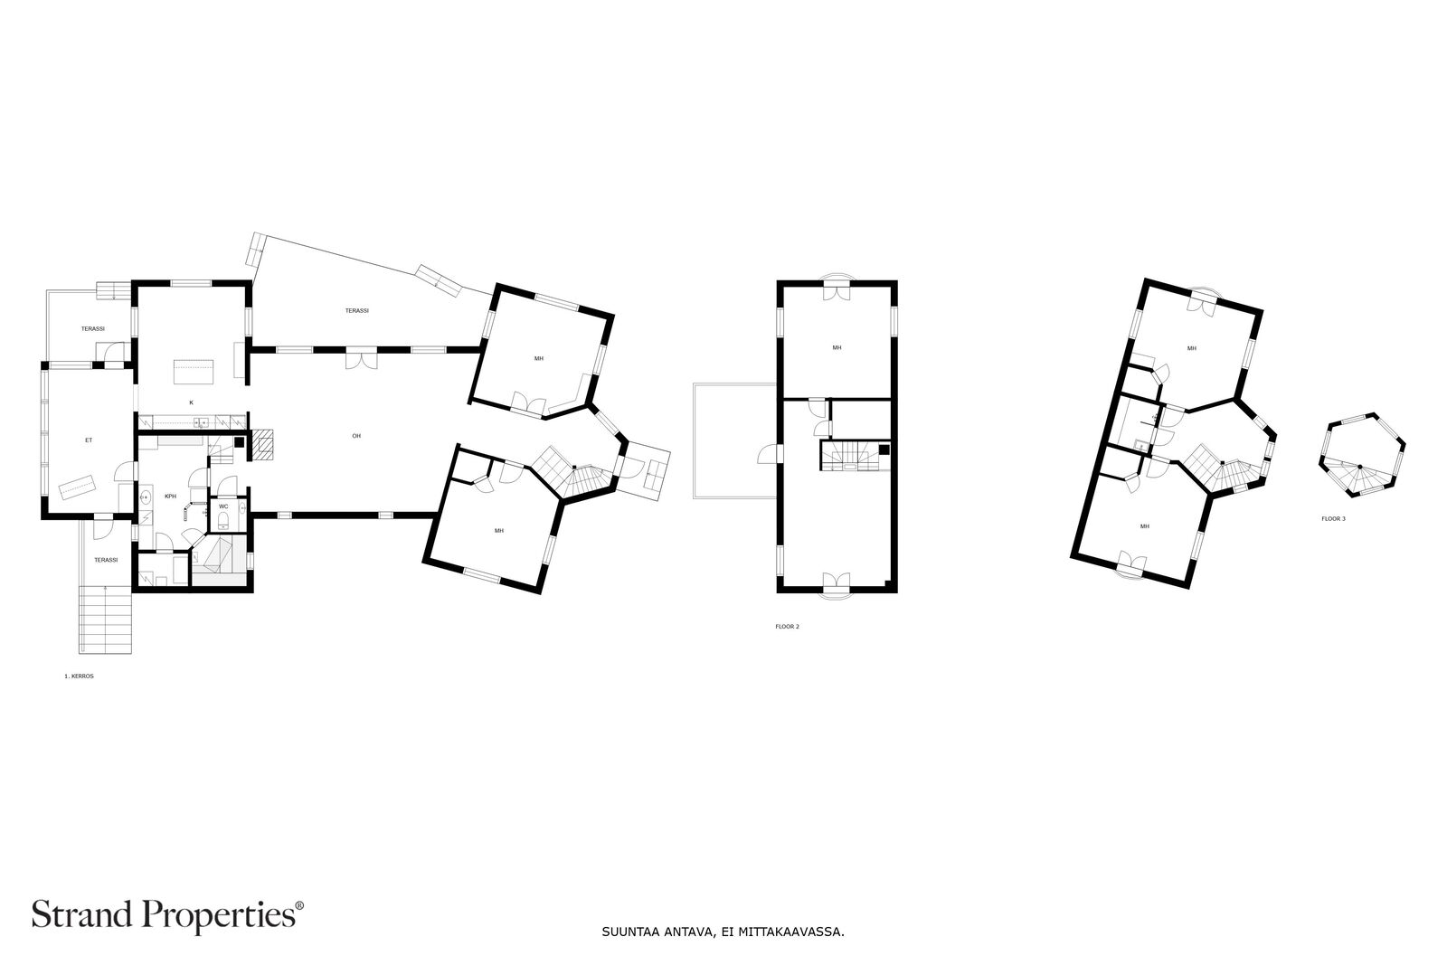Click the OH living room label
(x=356, y=436)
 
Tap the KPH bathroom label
(x=171, y=496)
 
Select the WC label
(x=223, y=506)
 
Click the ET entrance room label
(x=89, y=440)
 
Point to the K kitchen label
(x=191, y=402)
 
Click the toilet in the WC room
(x=222, y=521)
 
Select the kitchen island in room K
(x=194, y=372)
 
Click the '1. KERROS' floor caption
(x=79, y=676)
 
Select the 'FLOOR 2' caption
(x=788, y=627)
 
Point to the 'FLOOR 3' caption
(x=1333, y=518)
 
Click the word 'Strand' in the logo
(x=81, y=914)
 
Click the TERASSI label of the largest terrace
(x=356, y=311)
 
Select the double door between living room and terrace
(x=361, y=358)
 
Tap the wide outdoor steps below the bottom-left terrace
(x=106, y=620)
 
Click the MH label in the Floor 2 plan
(x=837, y=347)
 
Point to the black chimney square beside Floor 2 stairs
(x=884, y=449)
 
